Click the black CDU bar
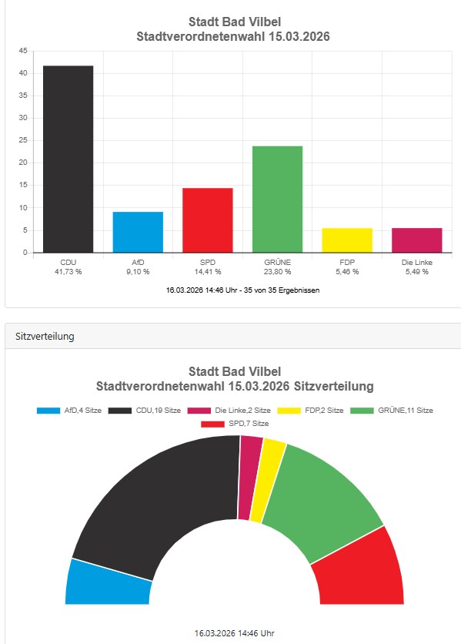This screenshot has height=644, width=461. point(68,159)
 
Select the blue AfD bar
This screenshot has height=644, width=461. point(138,232)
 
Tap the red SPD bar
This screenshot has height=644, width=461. point(207,220)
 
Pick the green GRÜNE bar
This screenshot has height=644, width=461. point(277,199)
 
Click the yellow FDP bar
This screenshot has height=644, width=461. point(347,240)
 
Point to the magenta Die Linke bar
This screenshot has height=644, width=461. point(416,240)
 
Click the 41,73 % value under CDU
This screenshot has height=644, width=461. point(68,272)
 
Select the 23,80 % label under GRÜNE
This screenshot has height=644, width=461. point(277,272)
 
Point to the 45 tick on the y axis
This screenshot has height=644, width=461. point(23,51)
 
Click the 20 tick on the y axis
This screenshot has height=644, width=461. point(23,163)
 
